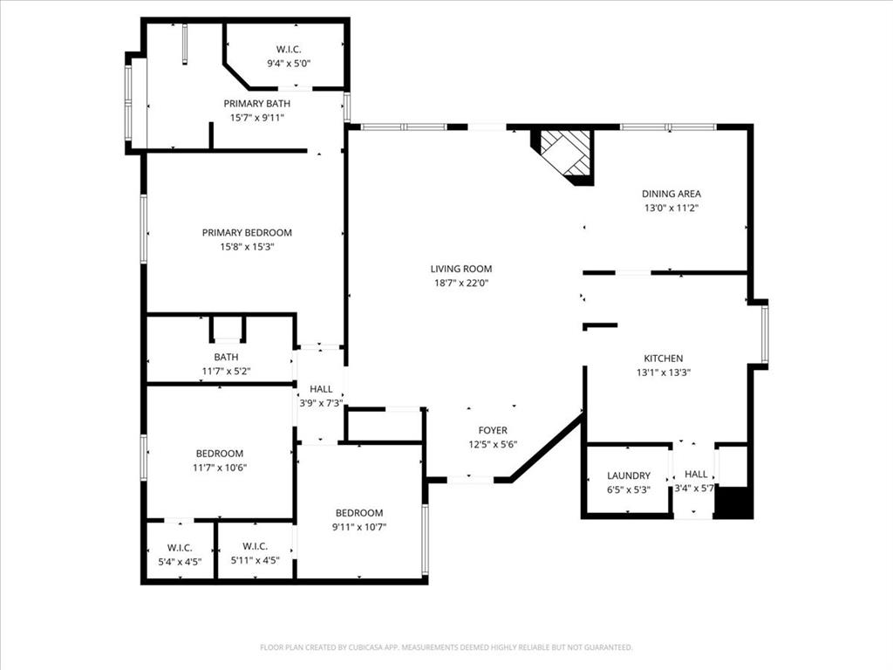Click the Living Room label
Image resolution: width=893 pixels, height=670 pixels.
coord(460,269)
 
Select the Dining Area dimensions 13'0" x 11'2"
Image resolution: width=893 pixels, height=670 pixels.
coord(671,209)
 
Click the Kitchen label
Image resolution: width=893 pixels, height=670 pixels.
coord(663,358)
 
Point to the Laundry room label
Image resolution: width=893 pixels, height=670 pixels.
coord(629,475)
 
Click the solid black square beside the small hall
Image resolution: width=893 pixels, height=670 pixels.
coord(733,502)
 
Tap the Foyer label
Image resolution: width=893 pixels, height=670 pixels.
coord(492,430)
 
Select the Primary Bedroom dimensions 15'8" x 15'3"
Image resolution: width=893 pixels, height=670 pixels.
coord(247,247)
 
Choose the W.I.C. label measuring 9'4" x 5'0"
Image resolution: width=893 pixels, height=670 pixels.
coord(289,49)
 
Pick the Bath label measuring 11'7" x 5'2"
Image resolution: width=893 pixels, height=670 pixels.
coord(226,357)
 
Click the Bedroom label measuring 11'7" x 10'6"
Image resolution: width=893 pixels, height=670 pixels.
coord(219,454)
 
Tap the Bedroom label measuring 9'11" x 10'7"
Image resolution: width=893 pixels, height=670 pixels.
coord(359,513)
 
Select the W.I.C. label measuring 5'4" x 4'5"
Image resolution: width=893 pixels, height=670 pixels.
coord(179,547)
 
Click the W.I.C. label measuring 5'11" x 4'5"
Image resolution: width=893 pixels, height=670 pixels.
coord(255,547)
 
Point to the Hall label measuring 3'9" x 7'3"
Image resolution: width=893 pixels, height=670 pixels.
coord(320,389)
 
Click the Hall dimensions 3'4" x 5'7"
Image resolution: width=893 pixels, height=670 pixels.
coord(695,489)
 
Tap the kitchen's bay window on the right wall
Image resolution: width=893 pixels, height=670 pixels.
coord(764,334)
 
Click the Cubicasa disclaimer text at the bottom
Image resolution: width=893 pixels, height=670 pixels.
coord(446,647)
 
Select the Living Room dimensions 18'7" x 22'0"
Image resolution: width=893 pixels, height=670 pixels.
coord(460,283)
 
